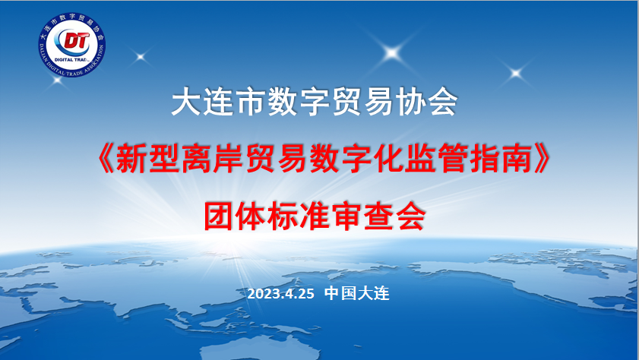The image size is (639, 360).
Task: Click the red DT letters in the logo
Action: tap(77, 40)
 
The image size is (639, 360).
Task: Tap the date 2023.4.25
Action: tap(281, 294)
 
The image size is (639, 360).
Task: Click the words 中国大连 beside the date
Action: tap(357, 293)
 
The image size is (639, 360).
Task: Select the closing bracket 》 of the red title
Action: tap(543, 159)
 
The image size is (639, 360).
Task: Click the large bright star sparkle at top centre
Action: tap(392, 52)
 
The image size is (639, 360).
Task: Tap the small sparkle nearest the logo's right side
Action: tap(141, 57)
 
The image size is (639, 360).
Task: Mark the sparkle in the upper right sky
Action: tap(516, 74)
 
